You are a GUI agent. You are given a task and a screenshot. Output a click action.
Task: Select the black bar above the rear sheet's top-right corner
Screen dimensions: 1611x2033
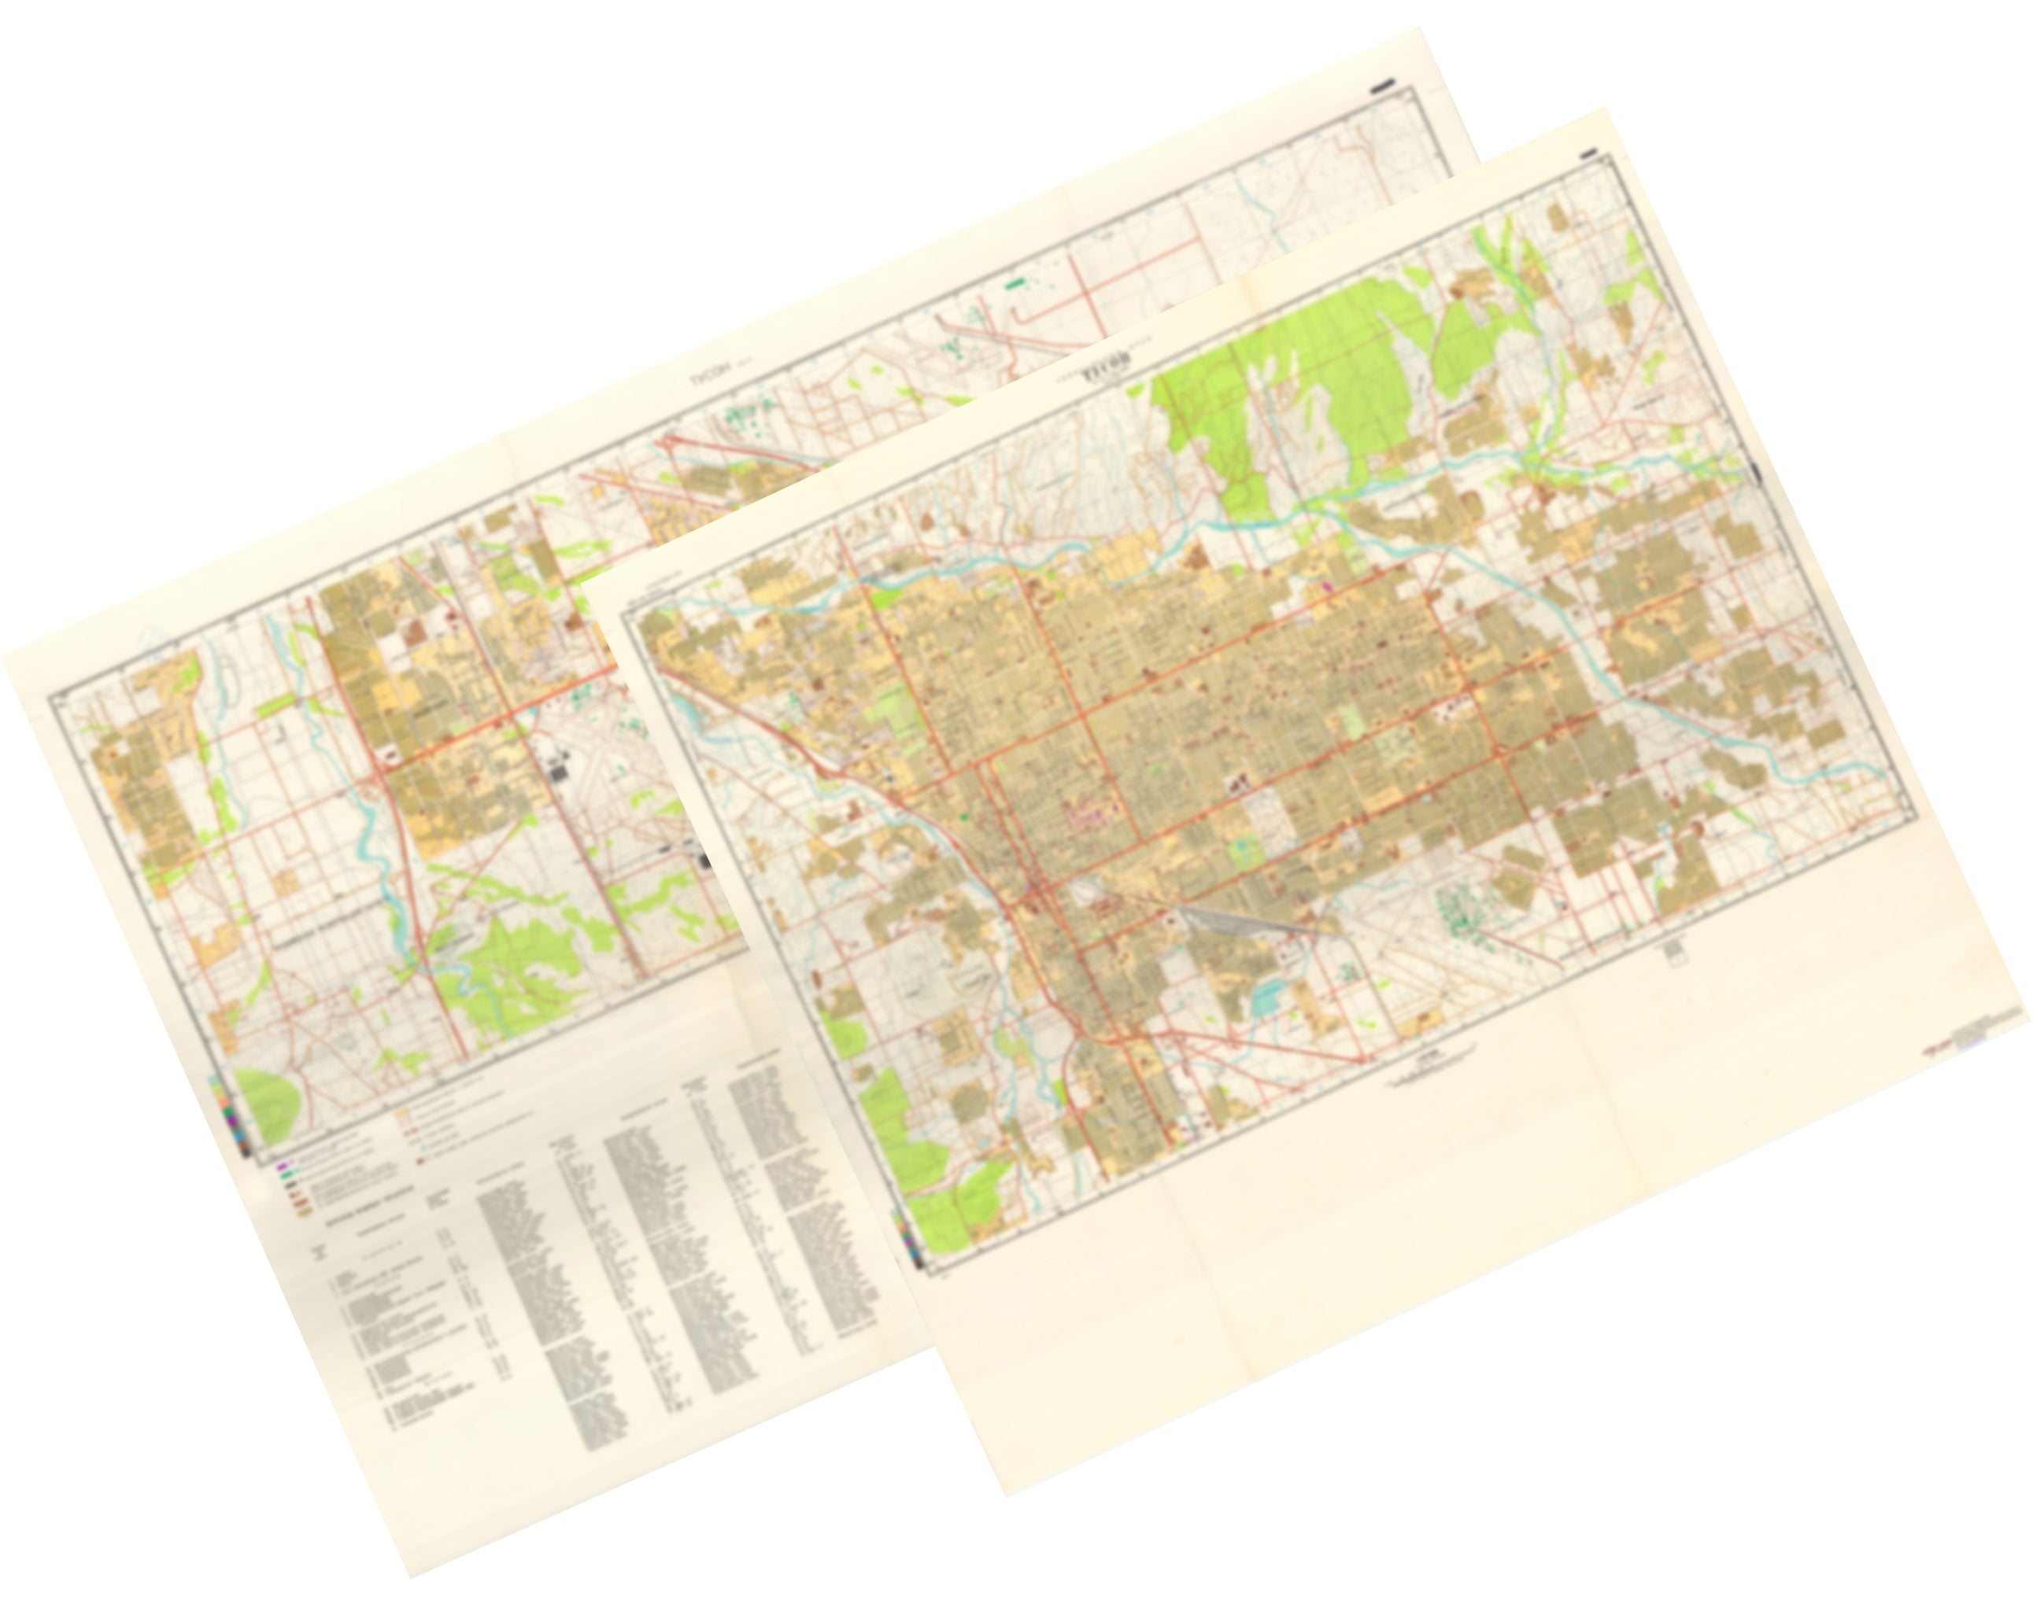(x=1382, y=87)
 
